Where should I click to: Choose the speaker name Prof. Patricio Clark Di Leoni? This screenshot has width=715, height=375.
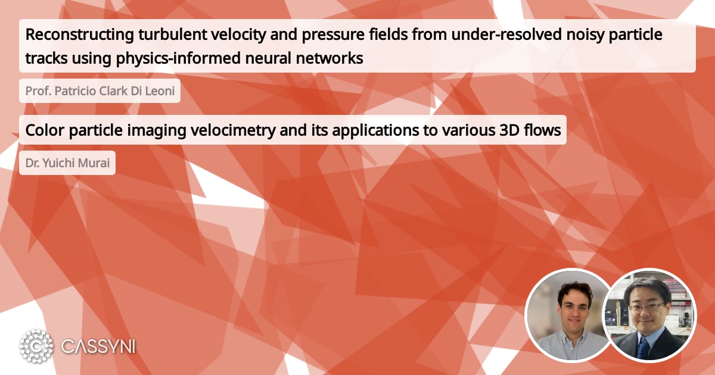(x=100, y=91)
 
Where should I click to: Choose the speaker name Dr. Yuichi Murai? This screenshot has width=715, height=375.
(x=67, y=162)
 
